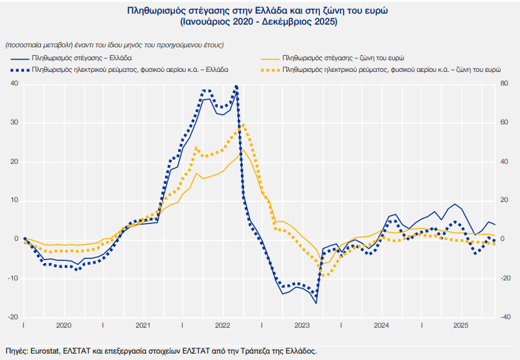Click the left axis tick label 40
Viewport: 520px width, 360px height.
(14, 84)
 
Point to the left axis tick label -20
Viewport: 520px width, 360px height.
(13, 317)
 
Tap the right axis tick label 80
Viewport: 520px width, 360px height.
(505, 84)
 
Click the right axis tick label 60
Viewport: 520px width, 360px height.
(505, 122)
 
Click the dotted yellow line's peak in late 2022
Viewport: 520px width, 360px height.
(241, 126)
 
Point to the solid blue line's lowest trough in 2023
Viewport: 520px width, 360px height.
(316, 303)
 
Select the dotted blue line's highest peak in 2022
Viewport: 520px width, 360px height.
(236, 85)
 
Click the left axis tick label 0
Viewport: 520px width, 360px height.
(16, 240)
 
